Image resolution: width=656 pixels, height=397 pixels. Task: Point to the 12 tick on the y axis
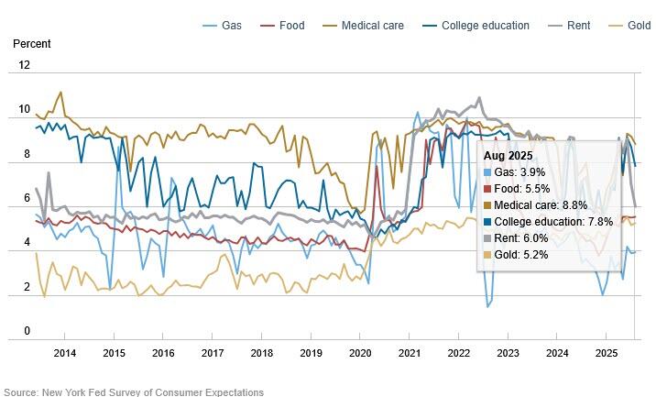(24, 65)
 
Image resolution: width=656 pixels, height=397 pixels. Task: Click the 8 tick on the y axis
(27, 154)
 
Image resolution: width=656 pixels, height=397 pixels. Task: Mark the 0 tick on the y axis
(27, 331)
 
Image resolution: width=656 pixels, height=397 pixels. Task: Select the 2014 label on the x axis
(64, 353)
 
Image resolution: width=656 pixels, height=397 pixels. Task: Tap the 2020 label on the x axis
(360, 353)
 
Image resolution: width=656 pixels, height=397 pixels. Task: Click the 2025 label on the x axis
(606, 353)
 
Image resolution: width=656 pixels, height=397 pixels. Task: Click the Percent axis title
(32, 43)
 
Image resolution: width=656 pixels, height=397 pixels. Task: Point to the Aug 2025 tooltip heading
(510, 156)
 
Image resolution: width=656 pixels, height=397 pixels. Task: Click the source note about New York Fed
(132, 391)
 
